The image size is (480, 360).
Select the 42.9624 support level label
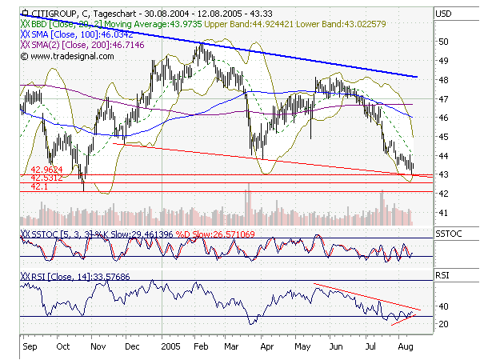tap(46, 170)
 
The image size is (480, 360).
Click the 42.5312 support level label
tap(46, 178)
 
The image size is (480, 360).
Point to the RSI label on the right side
tap(442, 274)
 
